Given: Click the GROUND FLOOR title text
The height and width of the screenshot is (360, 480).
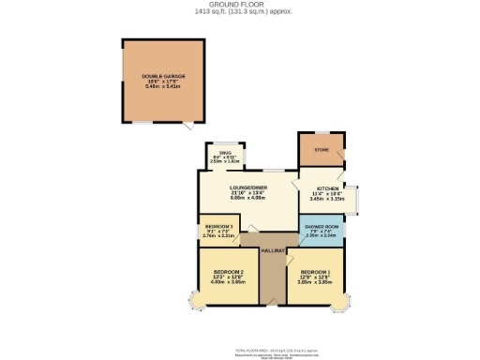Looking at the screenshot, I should pyautogui.click(x=239, y=4).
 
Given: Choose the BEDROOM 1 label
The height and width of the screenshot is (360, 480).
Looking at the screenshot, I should pyautogui.click(x=318, y=272).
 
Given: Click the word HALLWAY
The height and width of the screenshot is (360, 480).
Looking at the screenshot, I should pyautogui.click(x=273, y=250).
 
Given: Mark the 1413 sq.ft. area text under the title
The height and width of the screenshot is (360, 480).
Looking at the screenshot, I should pyautogui.click(x=239, y=11).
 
